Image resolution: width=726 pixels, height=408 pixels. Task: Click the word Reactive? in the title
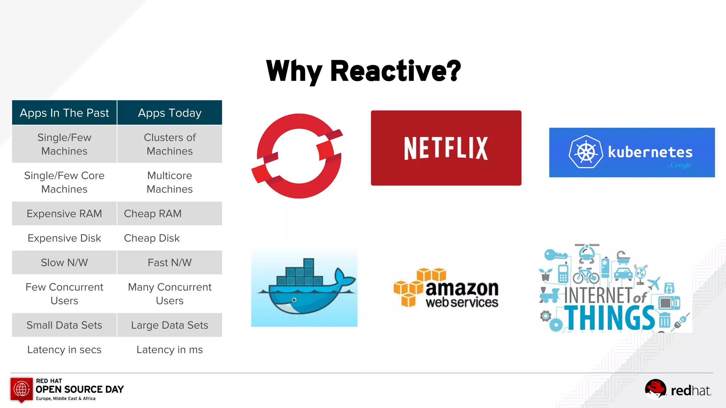[x=395, y=71]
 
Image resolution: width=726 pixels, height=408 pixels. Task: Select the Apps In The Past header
[x=64, y=113]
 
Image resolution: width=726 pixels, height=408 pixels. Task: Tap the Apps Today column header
[x=169, y=113]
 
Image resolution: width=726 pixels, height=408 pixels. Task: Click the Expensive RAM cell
[x=64, y=214]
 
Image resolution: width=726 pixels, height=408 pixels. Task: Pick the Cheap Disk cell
[x=152, y=238]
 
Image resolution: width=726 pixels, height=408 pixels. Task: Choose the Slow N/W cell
[x=64, y=262]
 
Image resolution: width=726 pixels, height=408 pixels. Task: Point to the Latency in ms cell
[x=169, y=350]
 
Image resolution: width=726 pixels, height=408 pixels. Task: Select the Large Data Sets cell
[x=169, y=325]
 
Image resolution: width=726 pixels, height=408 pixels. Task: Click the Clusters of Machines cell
[x=169, y=144]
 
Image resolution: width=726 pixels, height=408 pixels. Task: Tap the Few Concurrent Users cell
[x=64, y=294]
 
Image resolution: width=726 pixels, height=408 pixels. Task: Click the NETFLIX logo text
[x=446, y=148]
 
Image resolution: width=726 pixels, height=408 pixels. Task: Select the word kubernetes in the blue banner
[x=650, y=152]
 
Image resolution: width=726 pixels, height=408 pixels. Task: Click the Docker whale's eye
[x=294, y=300]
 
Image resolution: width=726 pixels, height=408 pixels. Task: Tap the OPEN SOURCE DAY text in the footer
[x=80, y=389]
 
